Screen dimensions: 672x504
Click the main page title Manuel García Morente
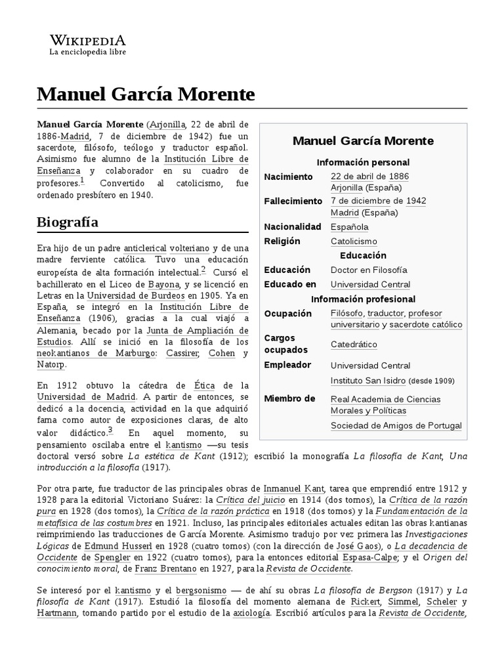click(146, 94)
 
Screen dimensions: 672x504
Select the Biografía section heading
click(68, 222)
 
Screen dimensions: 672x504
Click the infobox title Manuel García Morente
click(363, 141)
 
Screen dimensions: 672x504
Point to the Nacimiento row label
click(288, 177)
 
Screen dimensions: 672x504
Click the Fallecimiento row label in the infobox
click(293, 200)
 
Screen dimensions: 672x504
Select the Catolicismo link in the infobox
click(354, 241)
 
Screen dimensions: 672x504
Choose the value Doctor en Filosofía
click(369, 270)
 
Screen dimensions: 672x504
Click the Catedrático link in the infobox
click(354, 344)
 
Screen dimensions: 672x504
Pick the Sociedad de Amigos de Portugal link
click(396, 425)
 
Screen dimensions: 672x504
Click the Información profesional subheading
click(363, 299)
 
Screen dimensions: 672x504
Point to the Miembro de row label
click(289, 398)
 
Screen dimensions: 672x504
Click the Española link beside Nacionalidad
click(349, 226)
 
